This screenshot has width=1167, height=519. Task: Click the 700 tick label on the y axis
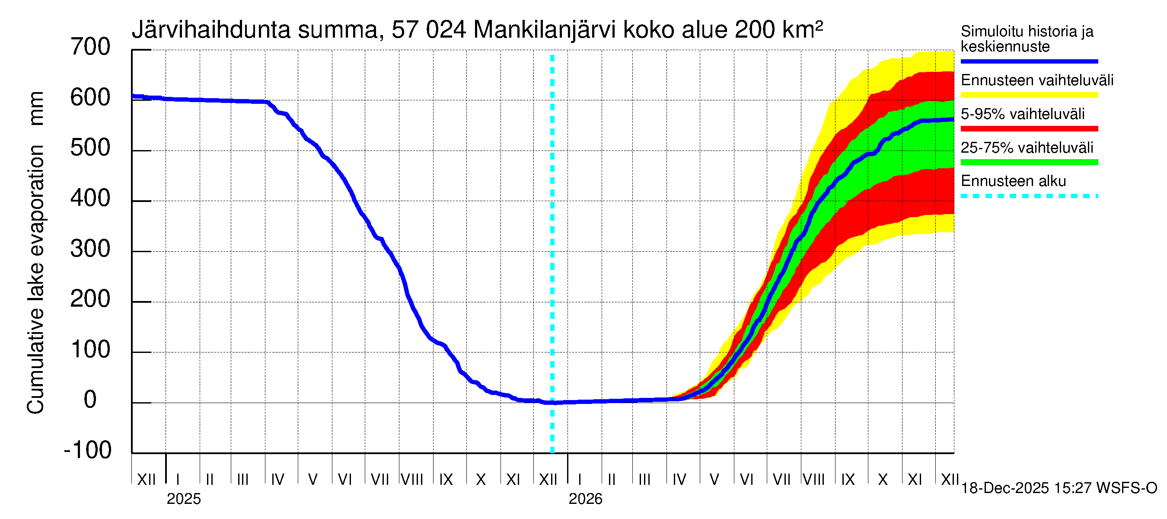[x=90, y=47]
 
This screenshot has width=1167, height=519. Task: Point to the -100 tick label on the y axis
[x=88, y=450]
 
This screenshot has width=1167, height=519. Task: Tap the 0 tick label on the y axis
[x=90, y=400]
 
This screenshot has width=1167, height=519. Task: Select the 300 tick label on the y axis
[x=90, y=249]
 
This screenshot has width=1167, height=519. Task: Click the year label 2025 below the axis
[x=183, y=499]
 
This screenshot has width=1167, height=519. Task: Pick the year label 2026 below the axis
[x=585, y=499]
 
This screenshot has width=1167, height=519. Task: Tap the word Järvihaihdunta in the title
[x=211, y=30]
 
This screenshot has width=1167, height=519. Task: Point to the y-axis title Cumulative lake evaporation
[x=36, y=279]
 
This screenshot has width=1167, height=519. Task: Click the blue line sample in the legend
[x=1029, y=61]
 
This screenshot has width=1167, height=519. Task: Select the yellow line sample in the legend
[x=1029, y=95]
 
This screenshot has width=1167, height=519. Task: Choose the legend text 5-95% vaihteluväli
[x=1023, y=114]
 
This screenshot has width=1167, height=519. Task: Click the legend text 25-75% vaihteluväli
[x=1027, y=148]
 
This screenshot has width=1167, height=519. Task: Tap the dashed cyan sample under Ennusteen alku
[x=1029, y=196]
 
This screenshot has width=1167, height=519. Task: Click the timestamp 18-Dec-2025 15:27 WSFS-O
[x=1059, y=488]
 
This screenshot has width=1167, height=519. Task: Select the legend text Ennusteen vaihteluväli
[x=1037, y=80]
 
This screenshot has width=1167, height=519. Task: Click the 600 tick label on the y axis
[x=90, y=98]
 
